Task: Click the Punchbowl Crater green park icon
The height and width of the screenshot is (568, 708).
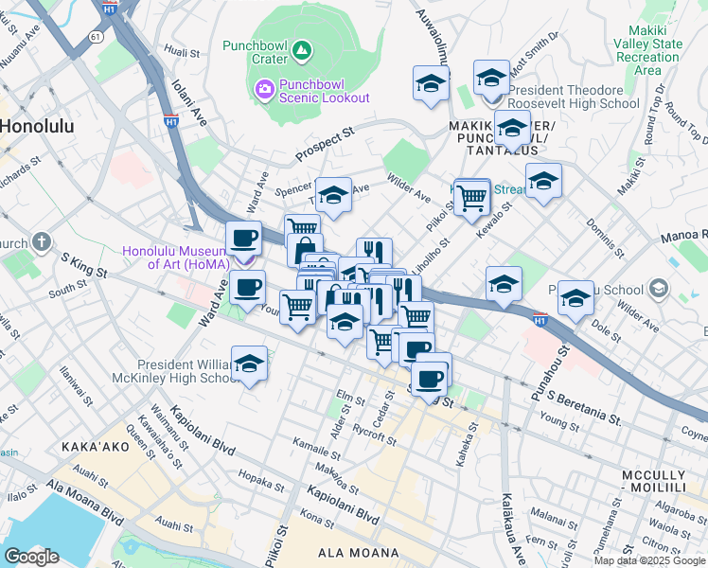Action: (x=300, y=48)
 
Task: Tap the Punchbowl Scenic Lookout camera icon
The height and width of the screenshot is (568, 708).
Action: (x=264, y=90)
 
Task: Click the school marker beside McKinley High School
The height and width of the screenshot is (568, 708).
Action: (x=249, y=364)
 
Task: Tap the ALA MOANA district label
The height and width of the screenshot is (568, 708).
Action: (x=331, y=553)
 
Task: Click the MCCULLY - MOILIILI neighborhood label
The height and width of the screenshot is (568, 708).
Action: (x=664, y=480)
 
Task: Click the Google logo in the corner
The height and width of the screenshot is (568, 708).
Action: (x=31, y=557)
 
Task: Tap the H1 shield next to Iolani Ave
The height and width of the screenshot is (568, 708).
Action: (x=171, y=121)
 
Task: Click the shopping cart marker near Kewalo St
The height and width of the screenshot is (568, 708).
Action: (x=471, y=198)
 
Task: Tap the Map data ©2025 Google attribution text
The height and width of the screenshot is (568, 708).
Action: (x=649, y=560)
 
